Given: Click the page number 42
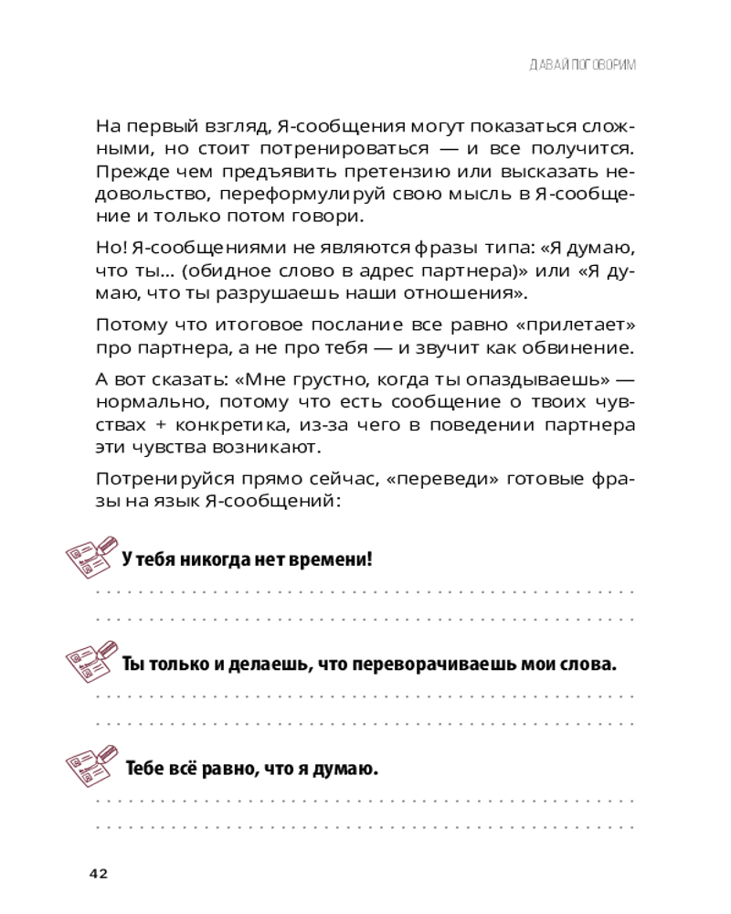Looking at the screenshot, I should pyautogui.click(x=99, y=874).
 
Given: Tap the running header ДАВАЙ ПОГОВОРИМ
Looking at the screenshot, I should pyautogui.click(x=582, y=66).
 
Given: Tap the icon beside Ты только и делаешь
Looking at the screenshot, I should pyautogui.click(x=93, y=661).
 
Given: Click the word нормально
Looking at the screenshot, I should pyautogui.click(x=139, y=402).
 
